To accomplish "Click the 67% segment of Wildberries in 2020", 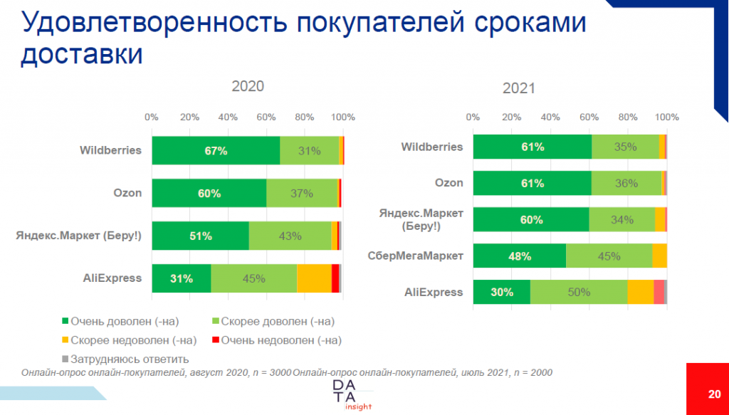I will pos(216,151).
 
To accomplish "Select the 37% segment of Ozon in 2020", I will pos(302,193).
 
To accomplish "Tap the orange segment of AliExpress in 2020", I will pos(314,278).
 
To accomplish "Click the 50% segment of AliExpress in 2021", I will pos(578,293).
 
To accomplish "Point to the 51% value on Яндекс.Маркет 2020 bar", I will pos(200,236).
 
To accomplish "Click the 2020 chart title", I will pos(248,86).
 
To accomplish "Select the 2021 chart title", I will pos(518,90).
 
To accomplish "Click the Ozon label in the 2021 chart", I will pos(449,183).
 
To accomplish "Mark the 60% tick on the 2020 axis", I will pos(266,117).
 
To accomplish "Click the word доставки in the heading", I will pos(82,54).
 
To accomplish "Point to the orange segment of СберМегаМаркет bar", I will pos(659,256).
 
